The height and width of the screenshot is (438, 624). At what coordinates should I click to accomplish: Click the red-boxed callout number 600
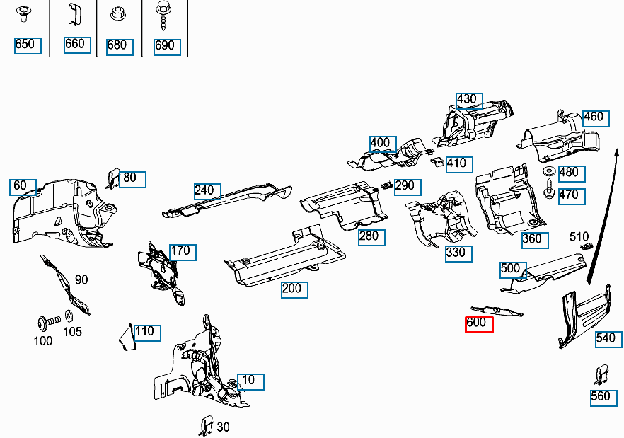pyautogui.click(x=479, y=324)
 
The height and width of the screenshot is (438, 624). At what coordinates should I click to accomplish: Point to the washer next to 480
pyautogui.click(x=548, y=172)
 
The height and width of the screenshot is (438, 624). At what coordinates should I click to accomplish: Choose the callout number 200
pyautogui.click(x=294, y=289)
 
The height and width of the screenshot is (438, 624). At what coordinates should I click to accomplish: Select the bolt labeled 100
pyautogui.click(x=44, y=323)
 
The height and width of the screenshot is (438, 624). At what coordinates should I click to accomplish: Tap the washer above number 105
pyautogui.click(x=69, y=315)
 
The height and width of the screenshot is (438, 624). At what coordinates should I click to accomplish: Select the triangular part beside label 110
pyautogui.click(x=126, y=337)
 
